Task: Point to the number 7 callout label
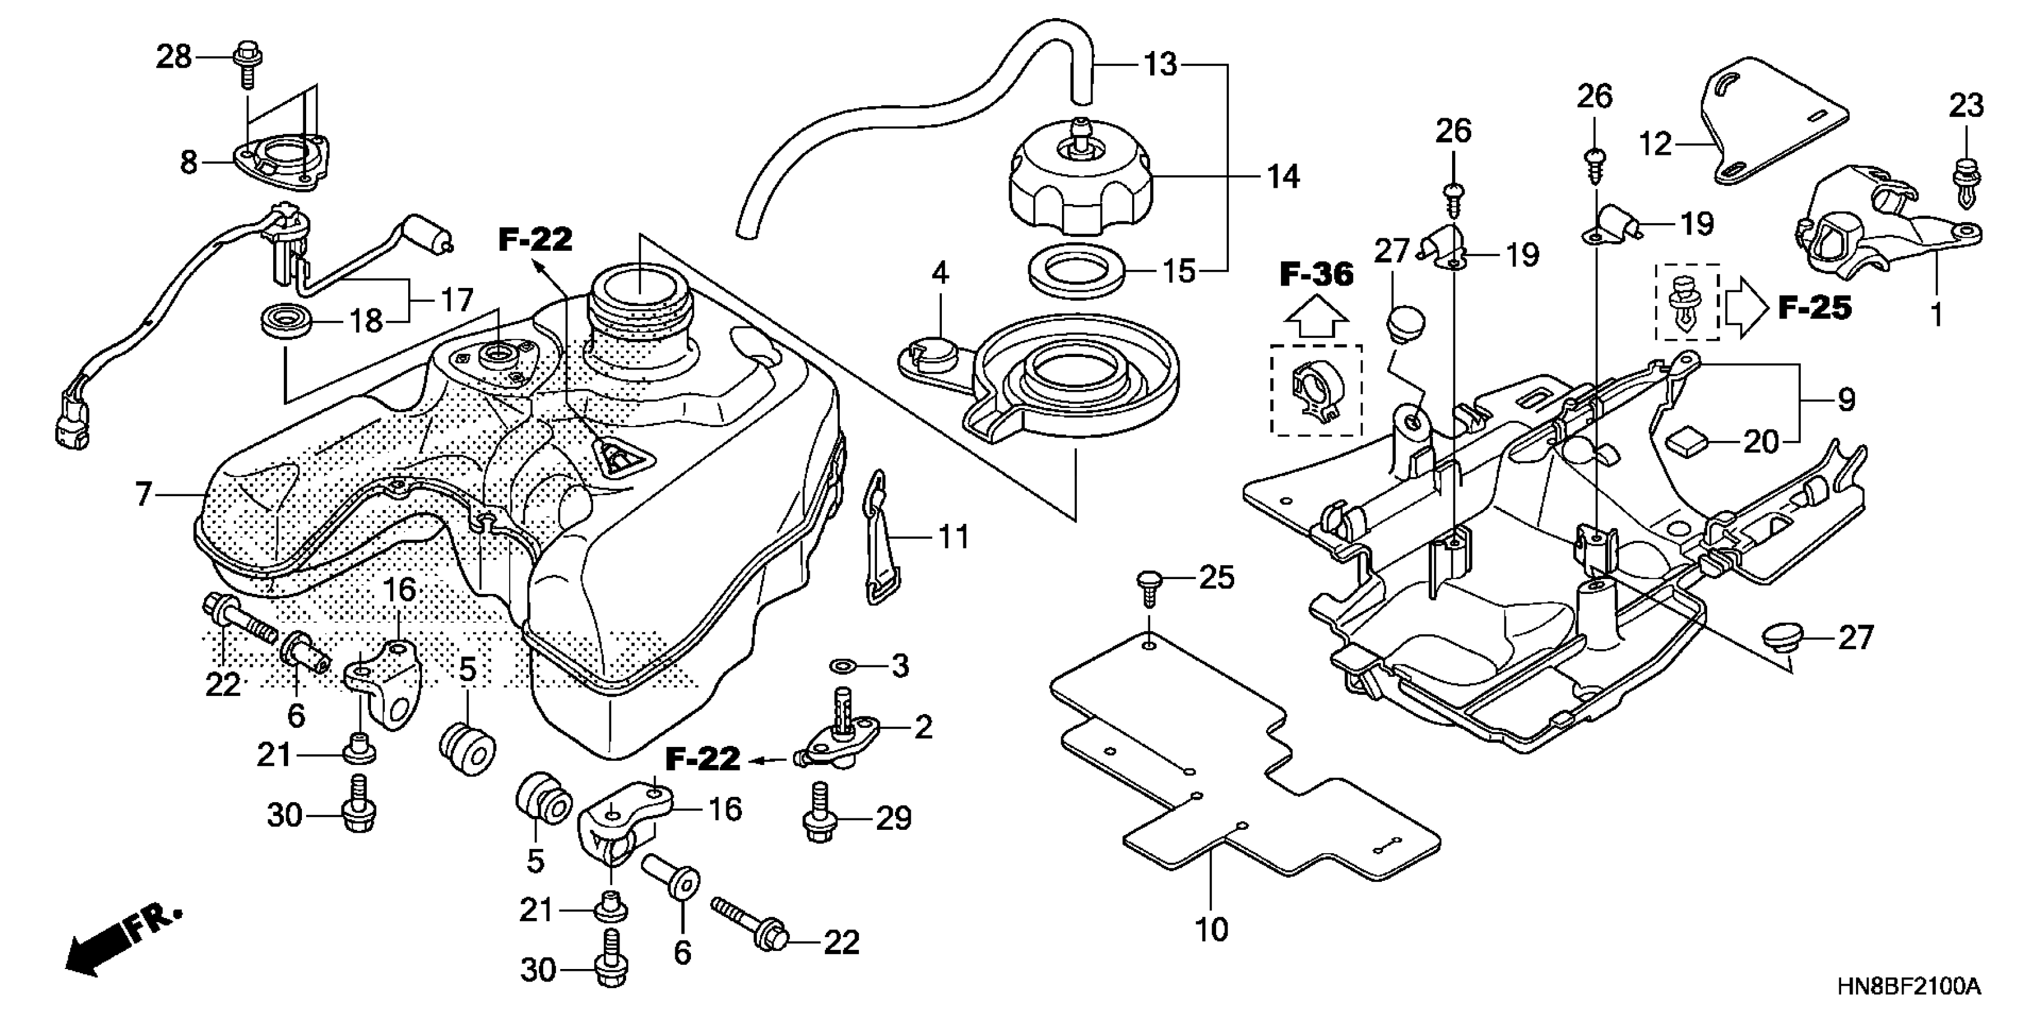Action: [143, 494]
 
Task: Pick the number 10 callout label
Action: [1211, 929]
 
